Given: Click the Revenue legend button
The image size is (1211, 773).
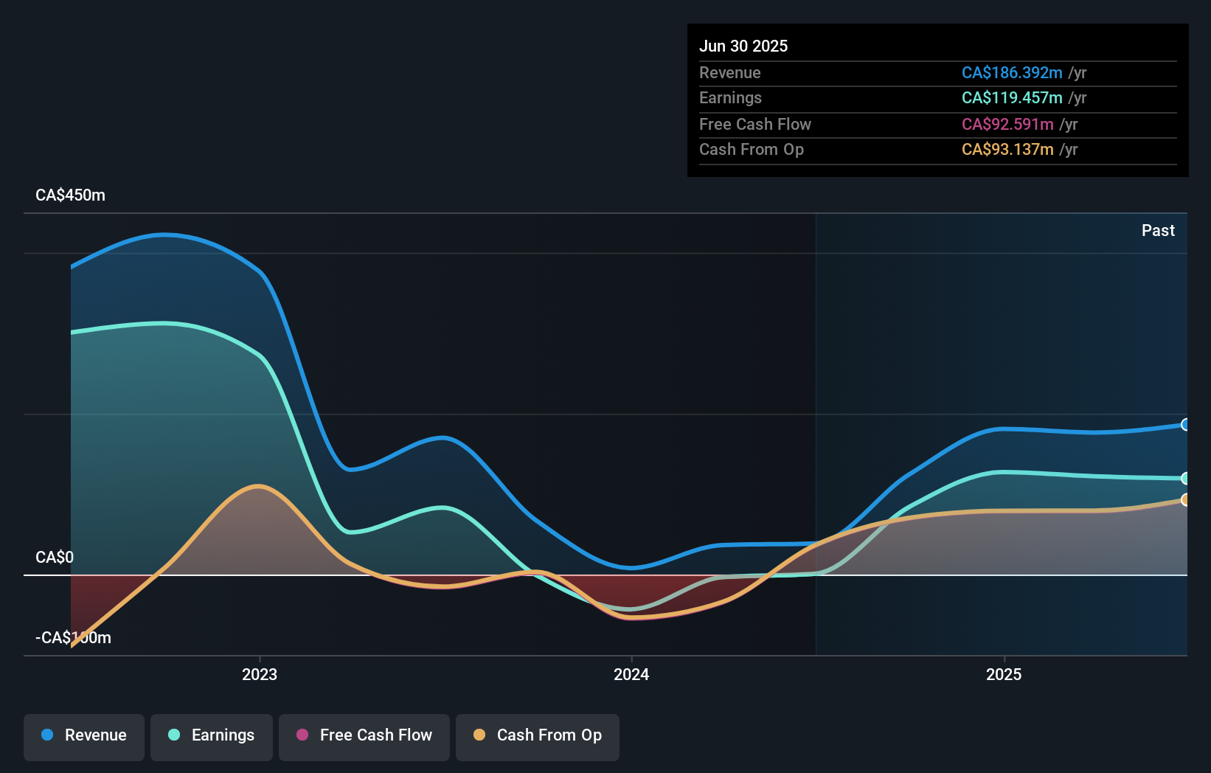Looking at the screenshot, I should pos(84,735).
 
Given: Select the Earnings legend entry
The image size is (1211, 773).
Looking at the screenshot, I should pos(212,735).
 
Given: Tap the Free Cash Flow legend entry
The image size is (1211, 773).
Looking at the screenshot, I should pos(364,735).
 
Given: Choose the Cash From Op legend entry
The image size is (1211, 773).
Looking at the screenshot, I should pos(538,735).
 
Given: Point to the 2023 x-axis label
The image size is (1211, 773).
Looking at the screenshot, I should pos(260,674).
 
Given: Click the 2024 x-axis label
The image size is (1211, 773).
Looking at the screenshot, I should pos(631,674).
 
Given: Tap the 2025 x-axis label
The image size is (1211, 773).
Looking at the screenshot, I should pos(1004,674).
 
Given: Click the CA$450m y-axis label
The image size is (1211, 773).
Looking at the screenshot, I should pos(71,195).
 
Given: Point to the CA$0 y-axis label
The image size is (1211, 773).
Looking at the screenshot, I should pos(55,557).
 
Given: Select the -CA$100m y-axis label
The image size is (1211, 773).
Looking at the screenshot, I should pos(74,637).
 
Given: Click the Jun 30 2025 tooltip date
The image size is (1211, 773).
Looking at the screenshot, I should pos(743,46).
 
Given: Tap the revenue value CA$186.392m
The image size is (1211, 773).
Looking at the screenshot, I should pos(1012,73).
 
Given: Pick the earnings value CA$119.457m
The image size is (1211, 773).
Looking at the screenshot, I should pos(1012,98).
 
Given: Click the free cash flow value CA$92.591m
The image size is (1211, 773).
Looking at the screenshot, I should pos(1007,124).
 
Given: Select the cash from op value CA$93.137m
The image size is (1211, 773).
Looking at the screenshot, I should pos(1007,150).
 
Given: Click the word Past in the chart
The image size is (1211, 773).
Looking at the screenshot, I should pos(1158,231).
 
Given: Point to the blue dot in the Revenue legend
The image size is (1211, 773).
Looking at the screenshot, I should pos(47,735).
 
